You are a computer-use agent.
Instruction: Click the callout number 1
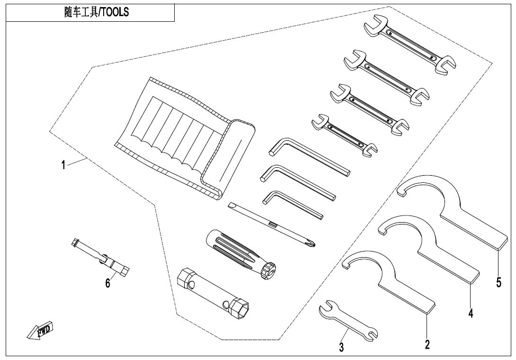[x=63, y=165]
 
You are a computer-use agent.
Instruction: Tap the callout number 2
[x=427, y=345]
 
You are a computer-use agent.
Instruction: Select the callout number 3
[x=341, y=347]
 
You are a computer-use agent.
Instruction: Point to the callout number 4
[x=470, y=313]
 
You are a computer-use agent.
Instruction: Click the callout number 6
[x=108, y=283]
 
